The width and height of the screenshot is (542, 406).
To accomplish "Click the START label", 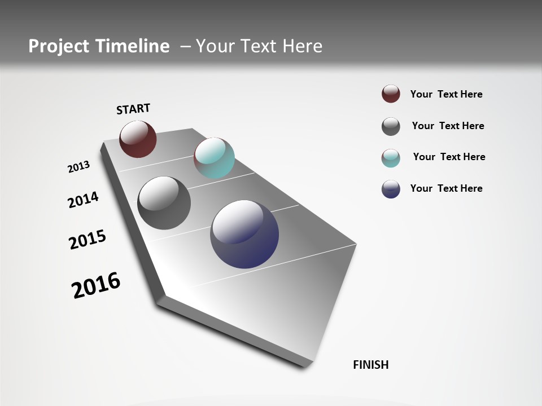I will tap(133, 109).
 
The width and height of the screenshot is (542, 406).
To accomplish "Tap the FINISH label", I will tap(371, 365).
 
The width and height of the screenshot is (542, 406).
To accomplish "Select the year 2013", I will tap(78, 167).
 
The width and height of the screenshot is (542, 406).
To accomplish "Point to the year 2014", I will tap(83, 200).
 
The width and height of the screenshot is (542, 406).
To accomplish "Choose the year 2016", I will tap(96, 285).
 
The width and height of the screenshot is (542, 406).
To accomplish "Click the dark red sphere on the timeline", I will tap(138, 139).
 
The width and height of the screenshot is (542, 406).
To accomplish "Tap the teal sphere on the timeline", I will tap(214, 158).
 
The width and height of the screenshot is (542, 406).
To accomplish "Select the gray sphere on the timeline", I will tap(164, 203).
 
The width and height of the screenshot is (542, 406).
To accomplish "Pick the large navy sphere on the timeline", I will tap(244, 234).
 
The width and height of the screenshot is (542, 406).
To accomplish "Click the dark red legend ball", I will tap(391, 94).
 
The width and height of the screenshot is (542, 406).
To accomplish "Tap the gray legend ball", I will tap(391, 126).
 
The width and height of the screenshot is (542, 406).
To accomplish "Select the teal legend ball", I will tap(391, 158).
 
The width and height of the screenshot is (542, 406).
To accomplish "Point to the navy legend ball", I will tap(391, 189).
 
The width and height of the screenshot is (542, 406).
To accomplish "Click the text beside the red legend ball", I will tap(446, 95).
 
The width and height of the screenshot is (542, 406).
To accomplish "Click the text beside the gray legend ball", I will tap(448, 126).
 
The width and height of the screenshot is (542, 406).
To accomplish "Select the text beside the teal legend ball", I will tap(449, 157).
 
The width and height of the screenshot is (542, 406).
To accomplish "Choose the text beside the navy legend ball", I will tap(446, 188).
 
